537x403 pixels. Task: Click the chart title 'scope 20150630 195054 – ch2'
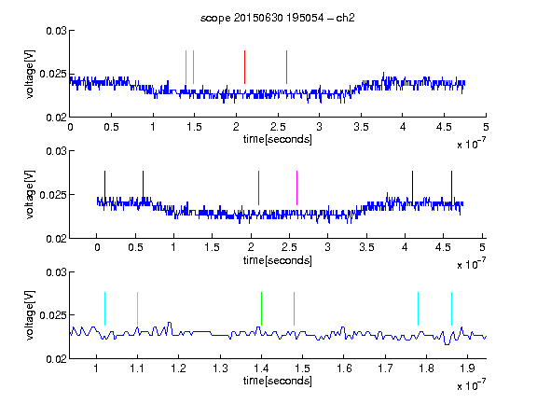pyautogui.click(x=278, y=18)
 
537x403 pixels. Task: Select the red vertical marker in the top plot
pyautogui.click(x=244, y=67)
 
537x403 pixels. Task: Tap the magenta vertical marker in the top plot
pyautogui.click(x=286, y=67)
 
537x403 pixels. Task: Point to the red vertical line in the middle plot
pyautogui.click(x=258, y=188)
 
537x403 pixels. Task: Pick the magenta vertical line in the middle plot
pyautogui.click(x=296, y=188)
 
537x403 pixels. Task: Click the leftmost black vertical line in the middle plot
pyautogui.click(x=105, y=188)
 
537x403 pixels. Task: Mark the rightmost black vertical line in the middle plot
pyautogui.click(x=452, y=188)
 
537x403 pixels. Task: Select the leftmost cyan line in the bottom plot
pyautogui.click(x=104, y=309)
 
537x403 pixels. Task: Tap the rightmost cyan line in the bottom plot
pyautogui.click(x=452, y=309)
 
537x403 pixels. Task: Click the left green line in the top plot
pyautogui.click(x=186, y=67)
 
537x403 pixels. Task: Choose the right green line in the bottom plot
pyautogui.click(x=295, y=309)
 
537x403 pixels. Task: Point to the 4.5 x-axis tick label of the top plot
pyautogui.click(x=444, y=127)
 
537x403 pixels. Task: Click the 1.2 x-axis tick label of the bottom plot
pyautogui.click(x=178, y=368)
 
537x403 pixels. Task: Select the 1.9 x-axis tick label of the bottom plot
pyautogui.click(x=467, y=368)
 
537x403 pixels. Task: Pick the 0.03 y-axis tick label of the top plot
pyautogui.click(x=56, y=31)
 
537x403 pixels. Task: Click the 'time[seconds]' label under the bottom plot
pyautogui.click(x=278, y=381)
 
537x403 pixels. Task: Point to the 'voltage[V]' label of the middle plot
pyautogui.click(x=30, y=194)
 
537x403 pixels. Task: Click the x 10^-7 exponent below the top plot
pyautogui.click(x=471, y=144)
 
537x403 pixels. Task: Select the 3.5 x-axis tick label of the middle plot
pyautogui.click(x=366, y=247)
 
